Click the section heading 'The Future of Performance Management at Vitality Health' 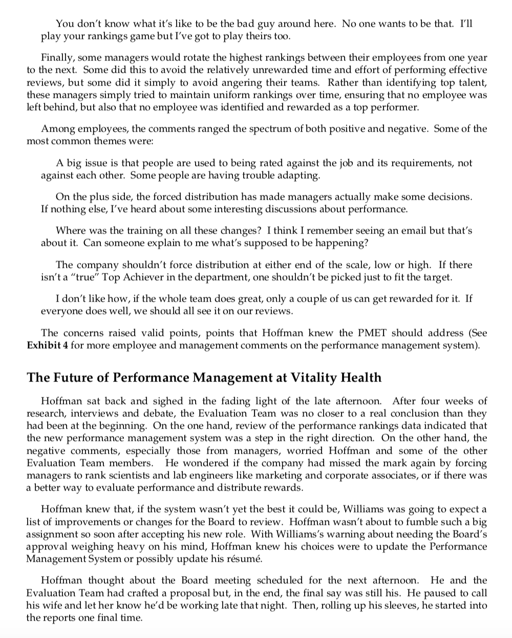coord(204,377)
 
